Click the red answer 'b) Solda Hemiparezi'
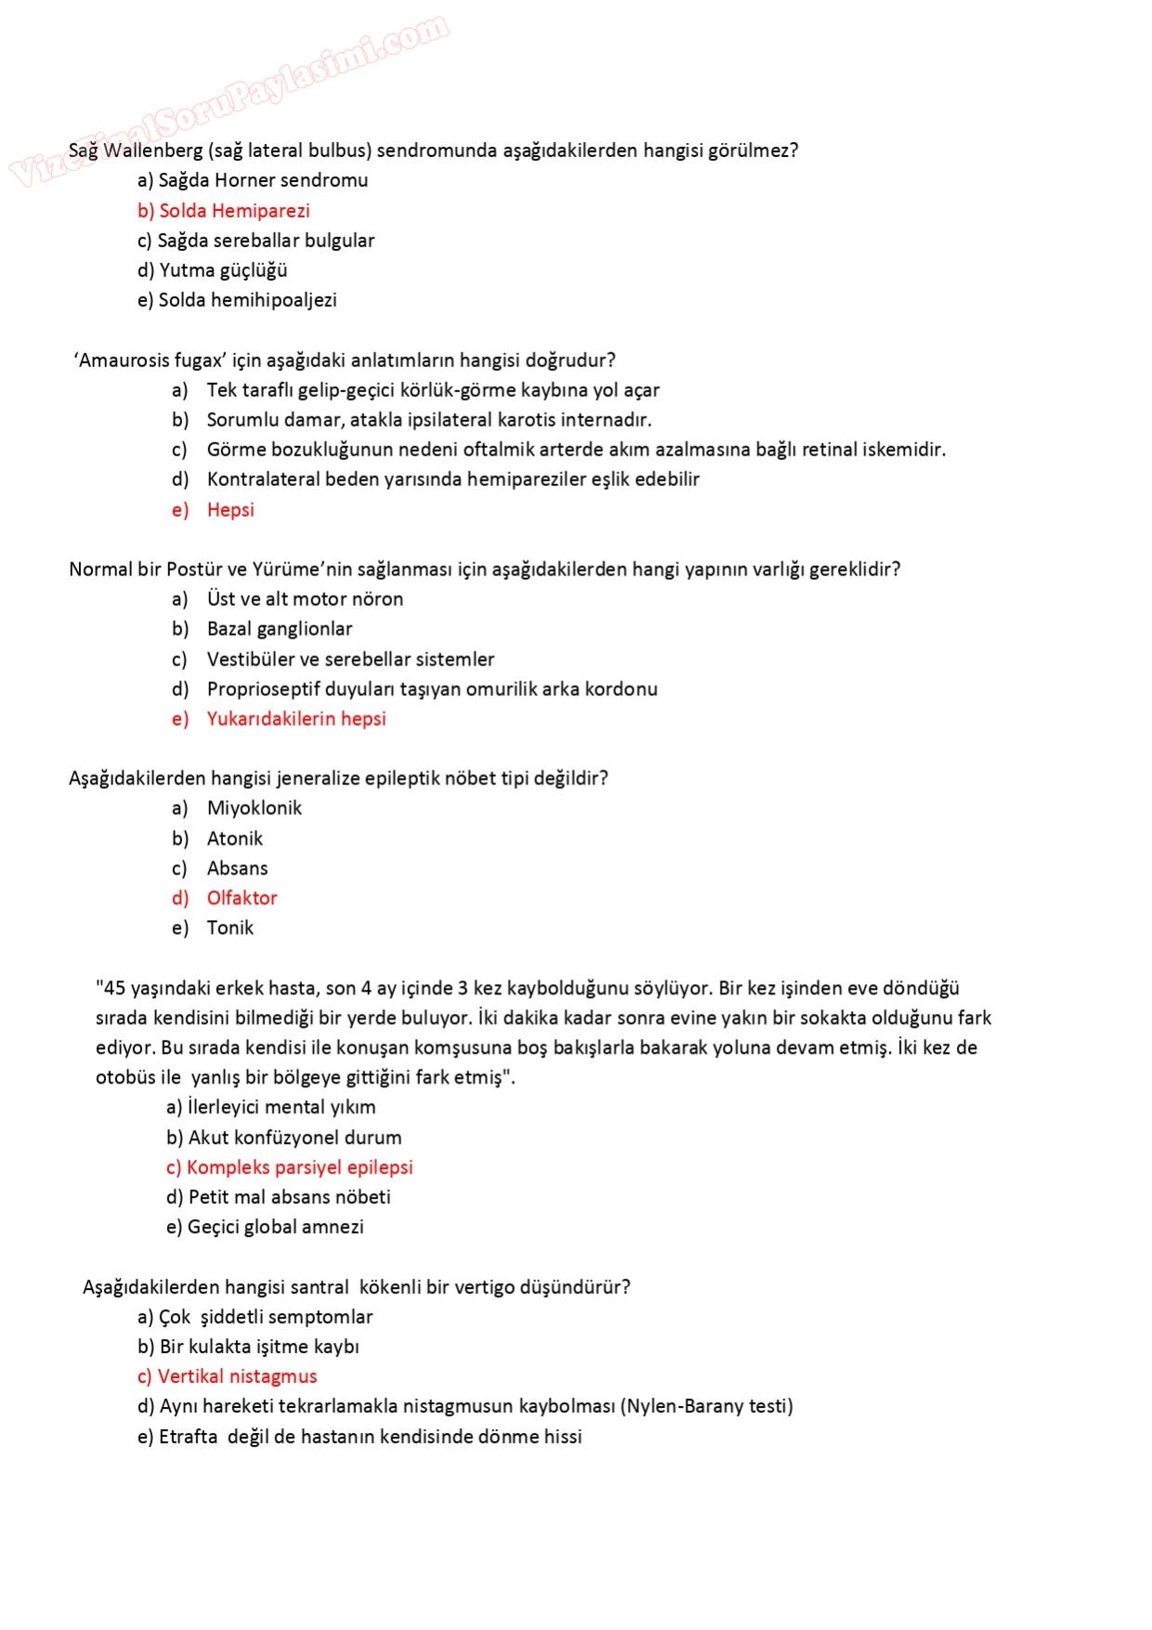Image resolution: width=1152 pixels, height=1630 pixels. tap(224, 211)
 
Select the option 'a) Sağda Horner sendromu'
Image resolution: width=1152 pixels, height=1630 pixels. tap(253, 180)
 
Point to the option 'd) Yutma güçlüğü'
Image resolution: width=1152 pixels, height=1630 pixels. tap(213, 270)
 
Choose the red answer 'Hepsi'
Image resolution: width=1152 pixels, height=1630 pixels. tap(230, 510)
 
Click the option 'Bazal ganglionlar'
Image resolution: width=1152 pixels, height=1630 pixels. tap(280, 629)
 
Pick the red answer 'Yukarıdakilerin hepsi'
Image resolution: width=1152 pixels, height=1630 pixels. tap(296, 719)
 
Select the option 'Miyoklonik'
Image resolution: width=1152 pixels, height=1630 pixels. tap(255, 808)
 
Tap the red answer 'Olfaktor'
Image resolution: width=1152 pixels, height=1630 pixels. tap(242, 899)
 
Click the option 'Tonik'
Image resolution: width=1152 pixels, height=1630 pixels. tap(230, 928)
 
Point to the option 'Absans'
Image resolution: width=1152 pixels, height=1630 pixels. tap(238, 869)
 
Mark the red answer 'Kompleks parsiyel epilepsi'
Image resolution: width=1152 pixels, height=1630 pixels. tap(290, 1168)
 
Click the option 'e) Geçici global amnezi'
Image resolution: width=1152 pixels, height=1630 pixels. tap(265, 1228)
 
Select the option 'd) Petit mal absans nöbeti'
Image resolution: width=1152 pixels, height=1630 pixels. tap(279, 1198)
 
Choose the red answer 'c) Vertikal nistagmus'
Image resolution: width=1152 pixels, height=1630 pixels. tap(228, 1377)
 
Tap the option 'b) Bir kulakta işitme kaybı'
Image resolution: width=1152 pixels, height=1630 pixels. tap(248, 1347)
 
